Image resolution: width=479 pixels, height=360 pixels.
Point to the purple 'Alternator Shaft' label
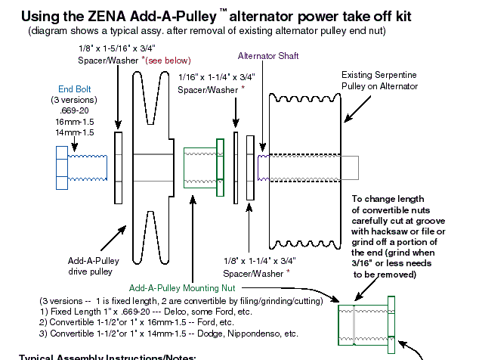click(x=267, y=56)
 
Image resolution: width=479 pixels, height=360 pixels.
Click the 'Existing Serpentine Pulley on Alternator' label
click(x=381, y=81)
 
